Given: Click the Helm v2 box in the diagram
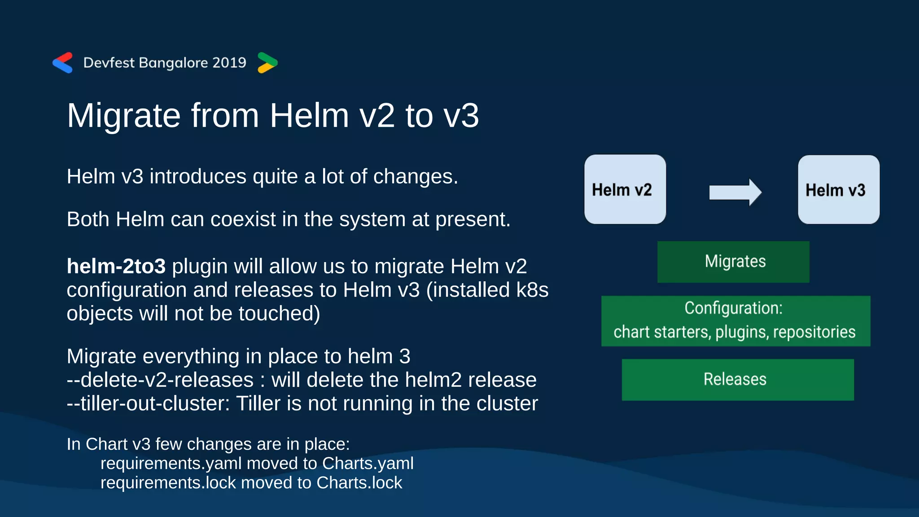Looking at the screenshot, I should pos(625,189).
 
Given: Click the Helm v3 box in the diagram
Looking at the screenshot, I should pos(838,189).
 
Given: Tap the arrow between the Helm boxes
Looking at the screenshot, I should pos(735,192).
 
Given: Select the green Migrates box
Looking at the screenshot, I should pos(733,262).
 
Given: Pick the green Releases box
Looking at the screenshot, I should pos(738,379).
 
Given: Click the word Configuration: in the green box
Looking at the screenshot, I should pos(733,308).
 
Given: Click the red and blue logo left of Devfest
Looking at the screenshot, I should pos(63,62).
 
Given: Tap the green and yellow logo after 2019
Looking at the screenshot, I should pos(267,62).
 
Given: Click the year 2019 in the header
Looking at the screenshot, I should pos(229,62).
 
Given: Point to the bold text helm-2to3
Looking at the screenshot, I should pos(116,266).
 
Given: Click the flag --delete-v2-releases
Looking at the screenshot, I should pos(160,380).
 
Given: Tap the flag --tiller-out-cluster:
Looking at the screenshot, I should pos(148,403).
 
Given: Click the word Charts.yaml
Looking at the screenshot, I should pos(368,463).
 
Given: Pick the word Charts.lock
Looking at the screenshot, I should pos(359,483).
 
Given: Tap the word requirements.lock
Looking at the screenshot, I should pos(168,483).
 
